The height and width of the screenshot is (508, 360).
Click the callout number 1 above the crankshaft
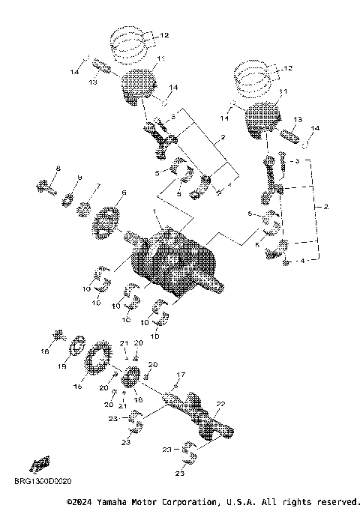pyautogui.click(x=155, y=213)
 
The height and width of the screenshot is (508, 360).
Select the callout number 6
pyautogui.click(x=124, y=194)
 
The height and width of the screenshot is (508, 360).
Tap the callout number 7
pyautogui.click(x=97, y=186)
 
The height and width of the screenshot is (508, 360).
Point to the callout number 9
pyautogui.click(x=79, y=178)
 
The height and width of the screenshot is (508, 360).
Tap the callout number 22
pyautogui.click(x=220, y=404)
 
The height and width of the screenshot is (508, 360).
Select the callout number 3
pyautogui.click(x=296, y=161)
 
